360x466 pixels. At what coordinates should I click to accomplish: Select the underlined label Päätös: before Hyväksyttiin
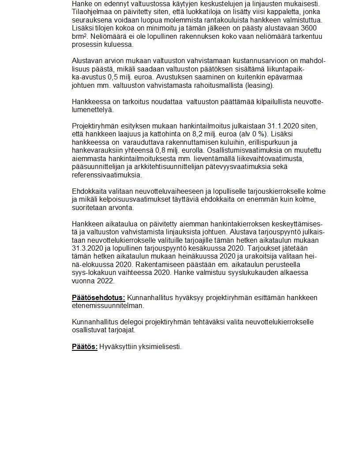84,347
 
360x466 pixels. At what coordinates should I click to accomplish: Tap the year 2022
105,281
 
